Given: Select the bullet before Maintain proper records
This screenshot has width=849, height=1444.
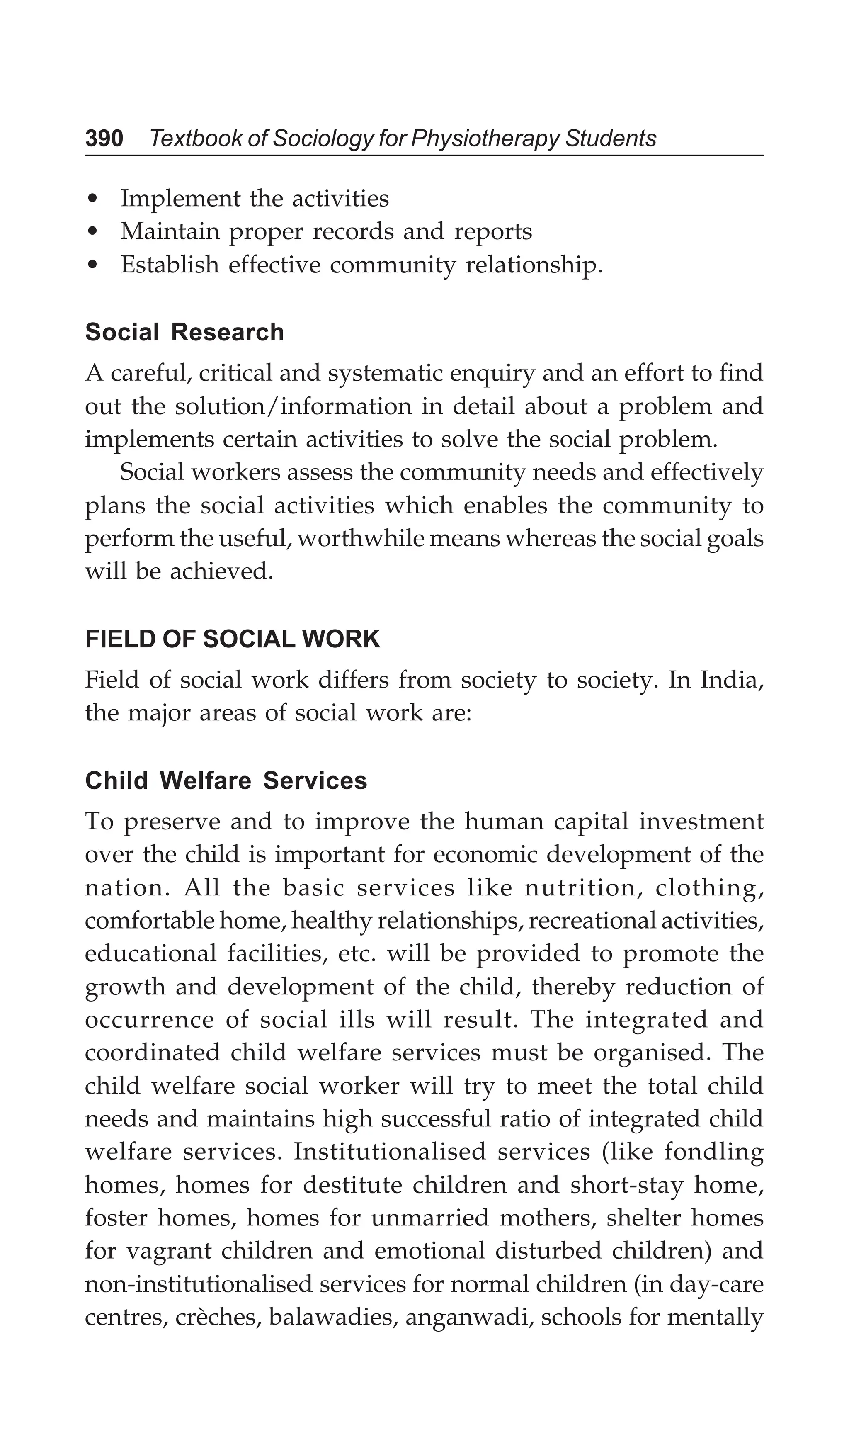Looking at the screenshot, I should click(93, 232).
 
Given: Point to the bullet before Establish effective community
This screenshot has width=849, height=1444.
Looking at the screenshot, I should click(93, 265).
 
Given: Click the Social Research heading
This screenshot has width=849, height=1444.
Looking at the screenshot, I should click(184, 332).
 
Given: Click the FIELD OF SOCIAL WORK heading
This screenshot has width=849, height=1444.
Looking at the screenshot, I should click(232, 639).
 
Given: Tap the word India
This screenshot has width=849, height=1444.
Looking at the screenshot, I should click(730, 680).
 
